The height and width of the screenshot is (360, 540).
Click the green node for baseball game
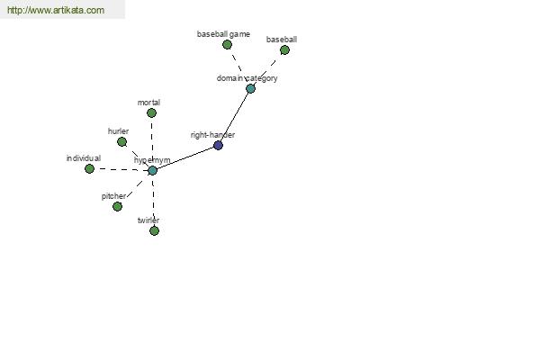(227, 44)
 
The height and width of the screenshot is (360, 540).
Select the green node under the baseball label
(284, 50)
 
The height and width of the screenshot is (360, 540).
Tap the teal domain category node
(250, 88)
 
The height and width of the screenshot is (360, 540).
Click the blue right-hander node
(218, 146)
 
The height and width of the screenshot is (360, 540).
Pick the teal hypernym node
(153, 170)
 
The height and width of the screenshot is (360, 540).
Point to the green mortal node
(151, 113)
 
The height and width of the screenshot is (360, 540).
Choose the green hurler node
(121, 141)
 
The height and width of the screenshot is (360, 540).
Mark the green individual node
(89, 169)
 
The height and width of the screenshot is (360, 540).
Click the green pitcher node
(117, 206)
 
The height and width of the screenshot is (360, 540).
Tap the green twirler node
(154, 230)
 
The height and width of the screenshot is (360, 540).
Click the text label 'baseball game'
(223, 34)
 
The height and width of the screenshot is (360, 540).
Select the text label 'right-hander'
(212, 135)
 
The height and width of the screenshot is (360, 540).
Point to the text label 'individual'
(84, 158)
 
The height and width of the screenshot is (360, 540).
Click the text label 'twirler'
(148, 220)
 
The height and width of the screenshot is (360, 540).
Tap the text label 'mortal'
(148, 103)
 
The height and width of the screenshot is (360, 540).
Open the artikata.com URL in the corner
(56, 10)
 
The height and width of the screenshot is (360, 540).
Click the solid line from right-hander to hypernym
(185, 157)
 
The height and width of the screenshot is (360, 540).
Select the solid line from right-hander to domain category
(234, 117)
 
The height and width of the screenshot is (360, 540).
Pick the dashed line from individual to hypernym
(121, 169)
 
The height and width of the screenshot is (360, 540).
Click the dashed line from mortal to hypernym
(152, 141)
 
